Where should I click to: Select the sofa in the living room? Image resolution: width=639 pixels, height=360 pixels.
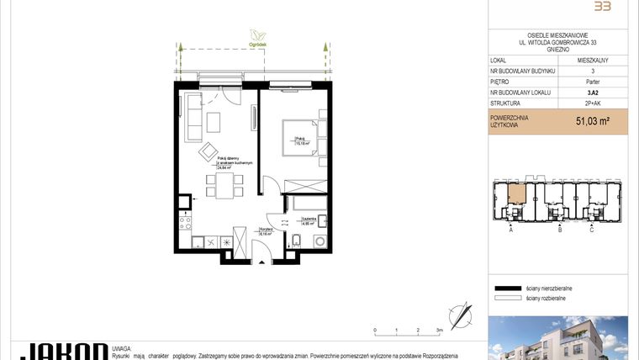coord(193,118)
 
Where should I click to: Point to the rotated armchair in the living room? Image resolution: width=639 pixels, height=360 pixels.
coord(208,151)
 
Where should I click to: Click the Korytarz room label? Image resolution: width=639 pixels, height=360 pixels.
coord(265,231)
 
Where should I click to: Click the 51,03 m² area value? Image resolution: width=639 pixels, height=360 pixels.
coord(592,121)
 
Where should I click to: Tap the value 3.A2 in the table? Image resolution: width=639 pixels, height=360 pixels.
coord(593,93)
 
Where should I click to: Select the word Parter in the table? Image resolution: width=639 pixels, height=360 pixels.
coord(593,82)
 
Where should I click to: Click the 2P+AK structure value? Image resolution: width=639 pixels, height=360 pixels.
coord(593,103)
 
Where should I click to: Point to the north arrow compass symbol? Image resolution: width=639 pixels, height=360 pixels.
coord(461,316)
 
